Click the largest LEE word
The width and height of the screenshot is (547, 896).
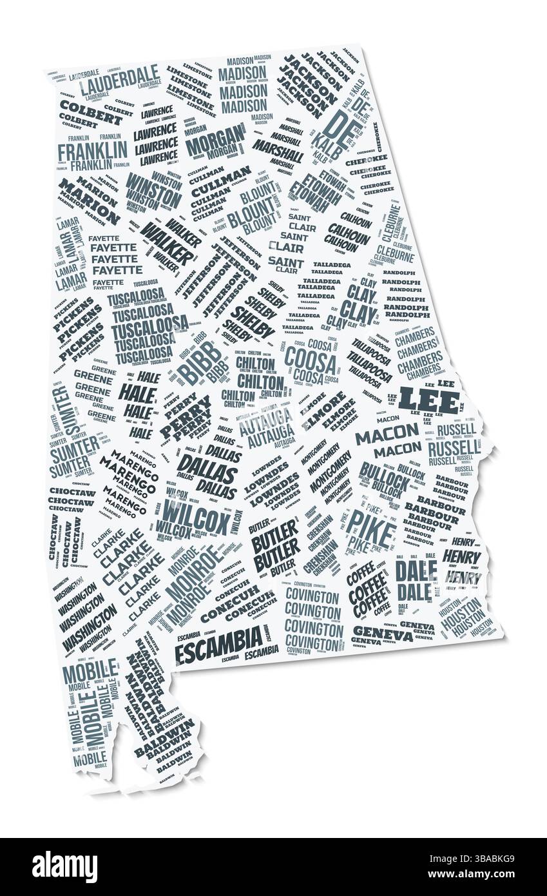coord(428,400)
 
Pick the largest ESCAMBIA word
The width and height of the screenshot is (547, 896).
coord(219,639)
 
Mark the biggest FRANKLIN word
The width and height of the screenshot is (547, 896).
coord(93,151)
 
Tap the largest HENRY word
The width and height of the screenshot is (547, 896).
coord(462,556)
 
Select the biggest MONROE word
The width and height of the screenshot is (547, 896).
coord(193,570)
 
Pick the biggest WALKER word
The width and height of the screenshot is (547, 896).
coord(167,242)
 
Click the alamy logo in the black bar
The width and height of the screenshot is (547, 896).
coord(64,866)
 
